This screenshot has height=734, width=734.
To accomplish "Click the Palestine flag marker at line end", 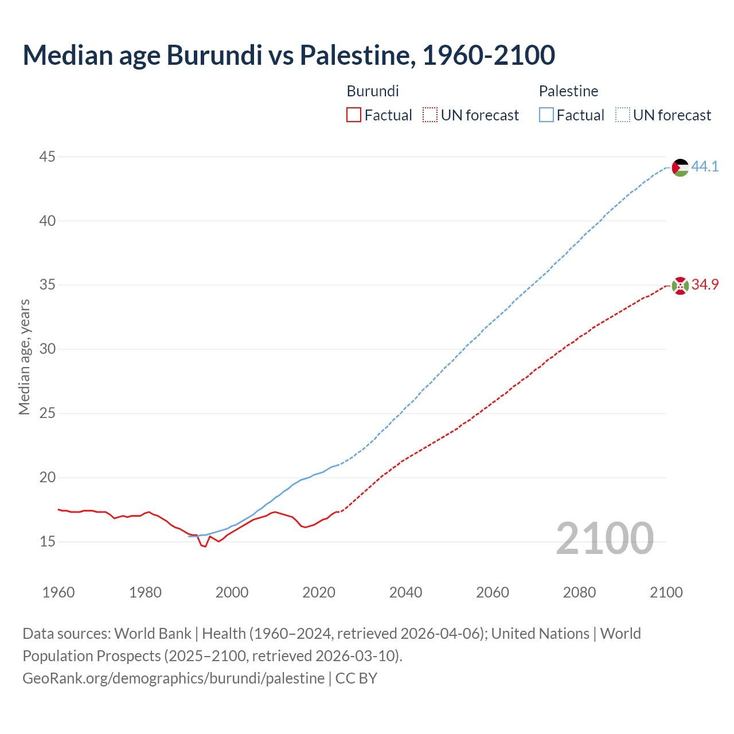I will click(x=680, y=167).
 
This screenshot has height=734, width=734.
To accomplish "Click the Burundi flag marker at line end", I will click(x=680, y=286).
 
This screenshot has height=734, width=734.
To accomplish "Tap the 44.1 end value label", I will click(x=705, y=167).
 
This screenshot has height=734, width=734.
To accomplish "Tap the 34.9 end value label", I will click(x=705, y=285).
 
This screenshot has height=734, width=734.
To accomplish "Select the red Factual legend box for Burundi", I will click(x=354, y=115).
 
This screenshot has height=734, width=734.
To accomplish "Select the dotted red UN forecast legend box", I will click(x=430, y=115).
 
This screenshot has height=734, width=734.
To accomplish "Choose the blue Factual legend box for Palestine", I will click(x=546, y=115).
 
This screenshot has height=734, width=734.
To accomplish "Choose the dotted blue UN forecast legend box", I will click(x=622, y=115).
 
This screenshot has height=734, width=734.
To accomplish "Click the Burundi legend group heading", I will click(x=373, y=91).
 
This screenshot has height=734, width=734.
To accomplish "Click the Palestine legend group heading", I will click(x=568, y=91).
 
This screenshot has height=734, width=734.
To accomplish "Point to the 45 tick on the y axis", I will click(x=48, y=157).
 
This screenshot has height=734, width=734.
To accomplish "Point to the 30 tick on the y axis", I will click(x=48, y=349).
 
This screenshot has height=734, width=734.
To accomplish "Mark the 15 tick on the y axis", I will click(x=48, y=541).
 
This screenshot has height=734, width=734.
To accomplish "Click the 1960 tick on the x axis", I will click(x=58, y=592).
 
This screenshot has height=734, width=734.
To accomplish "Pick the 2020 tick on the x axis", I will click(x=319, y=592).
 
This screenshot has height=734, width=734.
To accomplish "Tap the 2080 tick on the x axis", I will click(x=579, y=592).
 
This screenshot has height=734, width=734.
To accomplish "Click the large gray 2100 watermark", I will click(x=604, y=538).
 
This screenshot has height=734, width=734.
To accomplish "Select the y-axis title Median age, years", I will click(x=24, y=357).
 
